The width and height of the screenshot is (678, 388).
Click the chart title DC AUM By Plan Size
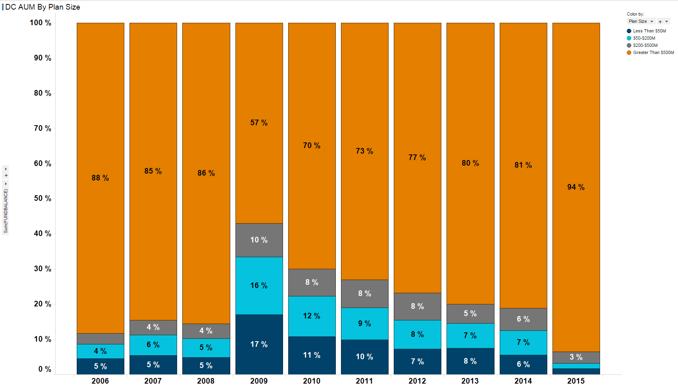tap(42, 7)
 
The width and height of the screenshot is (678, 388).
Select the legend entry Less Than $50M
tap(649, 31)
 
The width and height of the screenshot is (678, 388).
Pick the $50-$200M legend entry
tap(644, 38)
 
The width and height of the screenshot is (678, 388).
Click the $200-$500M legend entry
tap(645, 45)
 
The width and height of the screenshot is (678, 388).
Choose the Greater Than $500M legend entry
tap(653, 52)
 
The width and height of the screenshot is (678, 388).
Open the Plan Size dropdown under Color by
tap(641, 21)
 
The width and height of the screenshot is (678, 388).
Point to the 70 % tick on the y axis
tap(42, 128)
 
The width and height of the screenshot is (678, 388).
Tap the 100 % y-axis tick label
tap(40, 23)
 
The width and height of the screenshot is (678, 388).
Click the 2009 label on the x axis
tap(259, 381)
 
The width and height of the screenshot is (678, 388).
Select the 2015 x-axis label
tap(576, 381)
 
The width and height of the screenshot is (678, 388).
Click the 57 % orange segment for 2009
tap(259, 123)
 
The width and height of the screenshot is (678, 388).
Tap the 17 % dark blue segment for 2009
tap(259, 344)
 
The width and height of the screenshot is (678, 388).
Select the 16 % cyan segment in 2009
tap(259, 286)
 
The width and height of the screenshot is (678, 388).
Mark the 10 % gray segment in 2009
tap(259, 240)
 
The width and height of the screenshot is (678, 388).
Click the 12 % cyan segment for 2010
tap(312, 316)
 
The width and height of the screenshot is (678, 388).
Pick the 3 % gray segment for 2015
tap(576, 357)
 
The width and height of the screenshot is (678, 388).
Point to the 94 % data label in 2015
tap(576, 187)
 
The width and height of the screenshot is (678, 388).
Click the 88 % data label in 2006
tap(100, 178)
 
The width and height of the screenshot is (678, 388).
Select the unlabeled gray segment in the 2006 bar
tap(100, 339)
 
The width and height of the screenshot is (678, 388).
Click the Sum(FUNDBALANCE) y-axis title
tap(6, 211)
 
